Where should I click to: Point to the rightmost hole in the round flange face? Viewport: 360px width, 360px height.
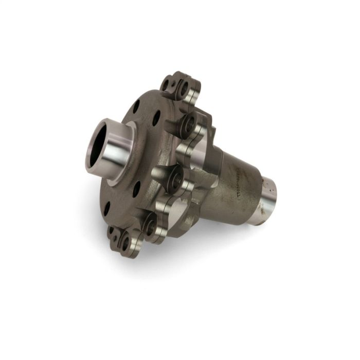(x=156, y=118)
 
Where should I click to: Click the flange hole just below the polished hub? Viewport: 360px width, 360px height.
(x=136, y=189)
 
